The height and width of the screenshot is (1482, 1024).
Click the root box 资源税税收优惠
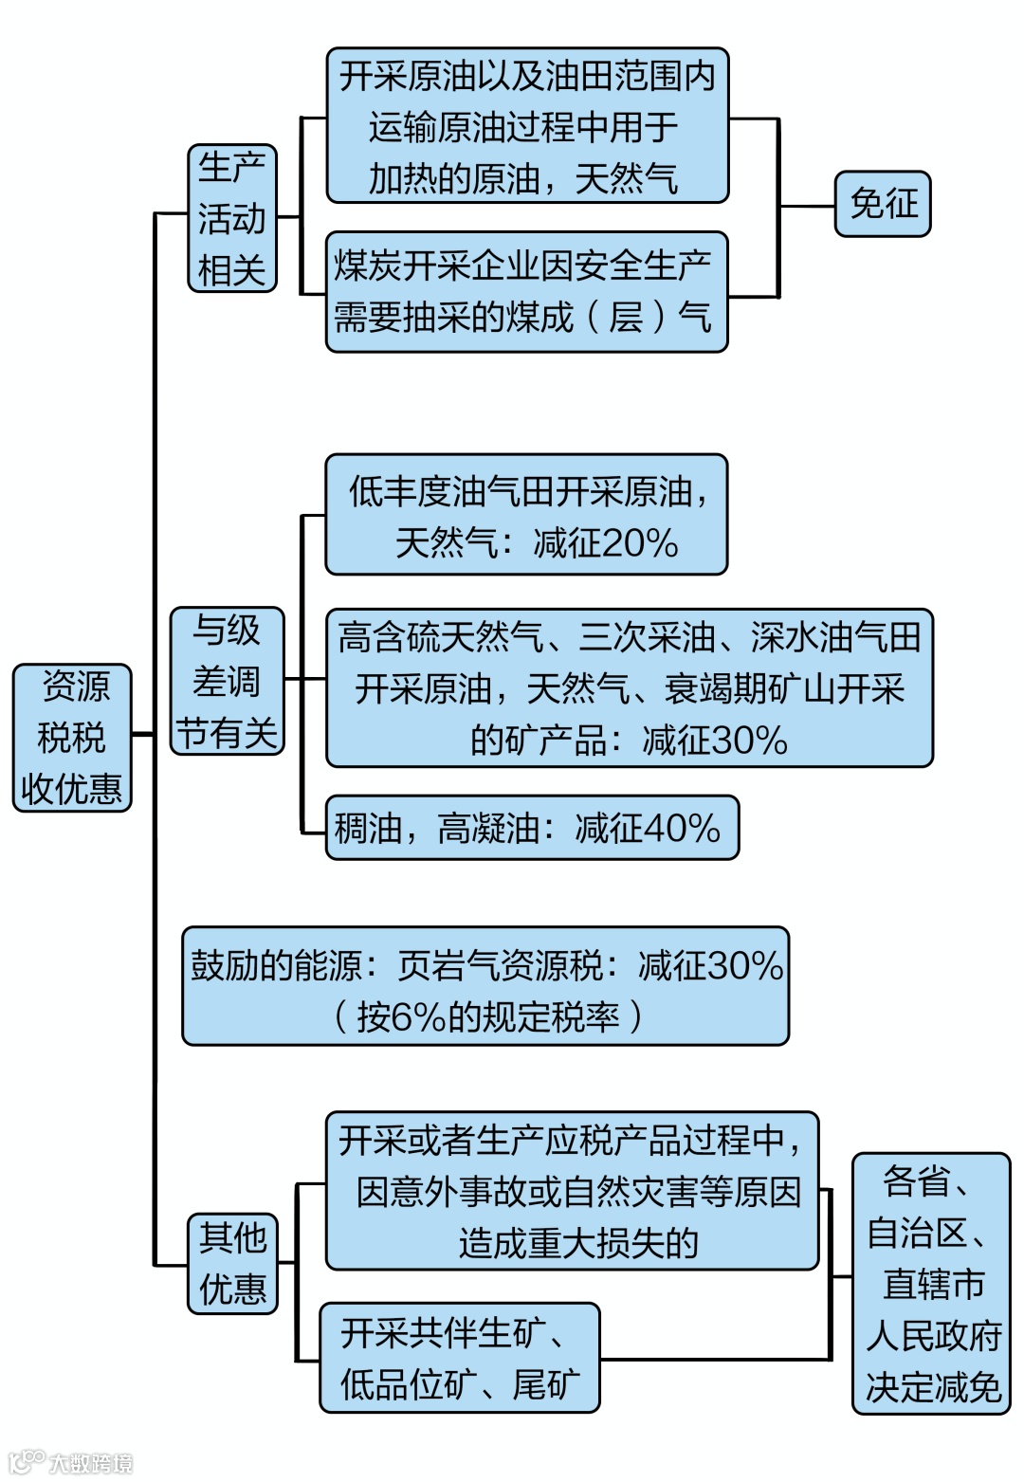coord(72,738)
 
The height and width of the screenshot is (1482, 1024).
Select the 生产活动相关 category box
coord(232,218)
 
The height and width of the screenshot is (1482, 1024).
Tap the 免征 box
coord(883,204)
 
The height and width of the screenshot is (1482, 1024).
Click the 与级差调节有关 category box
coord(227,681)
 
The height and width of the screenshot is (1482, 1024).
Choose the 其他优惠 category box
coord(232,1263)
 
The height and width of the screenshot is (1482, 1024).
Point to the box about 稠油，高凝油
coord(531,828)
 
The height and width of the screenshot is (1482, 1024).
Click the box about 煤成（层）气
coord(526,292)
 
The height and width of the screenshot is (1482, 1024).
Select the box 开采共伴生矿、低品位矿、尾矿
coord(459,1358)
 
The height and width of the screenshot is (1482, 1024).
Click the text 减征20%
coord(606,543)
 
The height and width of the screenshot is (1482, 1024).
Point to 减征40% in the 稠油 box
coord(648,828)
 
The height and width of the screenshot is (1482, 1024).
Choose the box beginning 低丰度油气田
coord(526,515)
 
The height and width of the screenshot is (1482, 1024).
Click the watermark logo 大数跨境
coord(71,1462)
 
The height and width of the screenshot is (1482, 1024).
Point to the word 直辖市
coord(933,1284)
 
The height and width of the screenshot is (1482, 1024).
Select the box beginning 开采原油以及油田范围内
coord(527,126)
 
